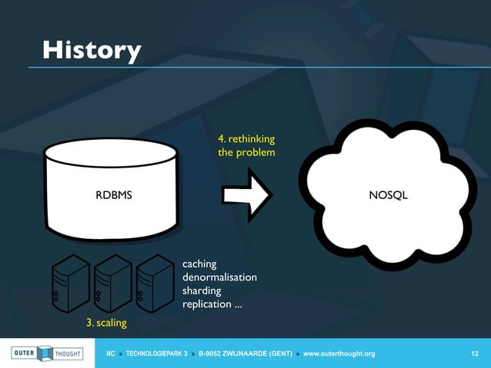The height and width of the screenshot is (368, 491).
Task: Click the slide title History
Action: click(x=92, y=51)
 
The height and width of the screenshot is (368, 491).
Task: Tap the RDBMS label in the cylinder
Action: click(x=113, y=195)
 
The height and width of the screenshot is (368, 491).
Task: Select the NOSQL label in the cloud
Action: click(x=388, y=195)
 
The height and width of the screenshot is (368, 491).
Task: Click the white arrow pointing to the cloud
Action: click(x=245, y=195)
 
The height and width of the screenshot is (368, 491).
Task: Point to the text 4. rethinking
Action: click(x=246, y=139)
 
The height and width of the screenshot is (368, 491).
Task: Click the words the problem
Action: click(x=246, y=153)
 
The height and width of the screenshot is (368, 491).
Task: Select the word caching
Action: click(x=199, y=264)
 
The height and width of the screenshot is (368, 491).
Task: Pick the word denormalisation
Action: click(x=219, y=277)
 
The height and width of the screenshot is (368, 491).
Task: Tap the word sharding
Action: click(x=202, y=291)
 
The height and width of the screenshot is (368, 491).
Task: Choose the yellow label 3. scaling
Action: click(x=106, y=323)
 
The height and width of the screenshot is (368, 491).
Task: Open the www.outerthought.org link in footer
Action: click(x=339, y=353)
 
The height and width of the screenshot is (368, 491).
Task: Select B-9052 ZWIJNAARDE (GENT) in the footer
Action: click(x=245, y=353)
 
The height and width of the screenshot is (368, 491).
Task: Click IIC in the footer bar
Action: click(x=110, y=353)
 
